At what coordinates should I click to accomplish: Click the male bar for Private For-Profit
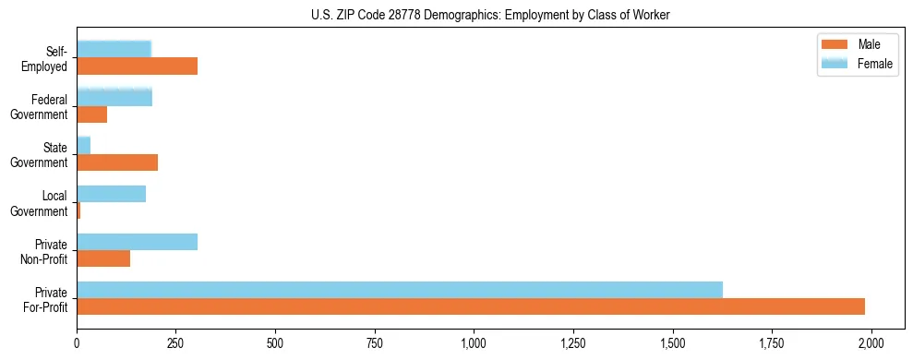coord(471,306)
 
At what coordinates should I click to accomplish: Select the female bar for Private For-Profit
coord(400,290)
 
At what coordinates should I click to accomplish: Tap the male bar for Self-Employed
coord(137,66)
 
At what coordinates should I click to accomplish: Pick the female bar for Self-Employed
coord(114,49)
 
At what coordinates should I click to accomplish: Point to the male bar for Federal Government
coord(91,114)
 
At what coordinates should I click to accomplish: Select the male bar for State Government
coord(117,162)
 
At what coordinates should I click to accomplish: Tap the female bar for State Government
coord(83,145)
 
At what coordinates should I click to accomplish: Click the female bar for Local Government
coord(111,194)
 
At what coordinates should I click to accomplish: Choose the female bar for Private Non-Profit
coord(137,242)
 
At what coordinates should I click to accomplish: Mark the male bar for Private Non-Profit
coord(103,258)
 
